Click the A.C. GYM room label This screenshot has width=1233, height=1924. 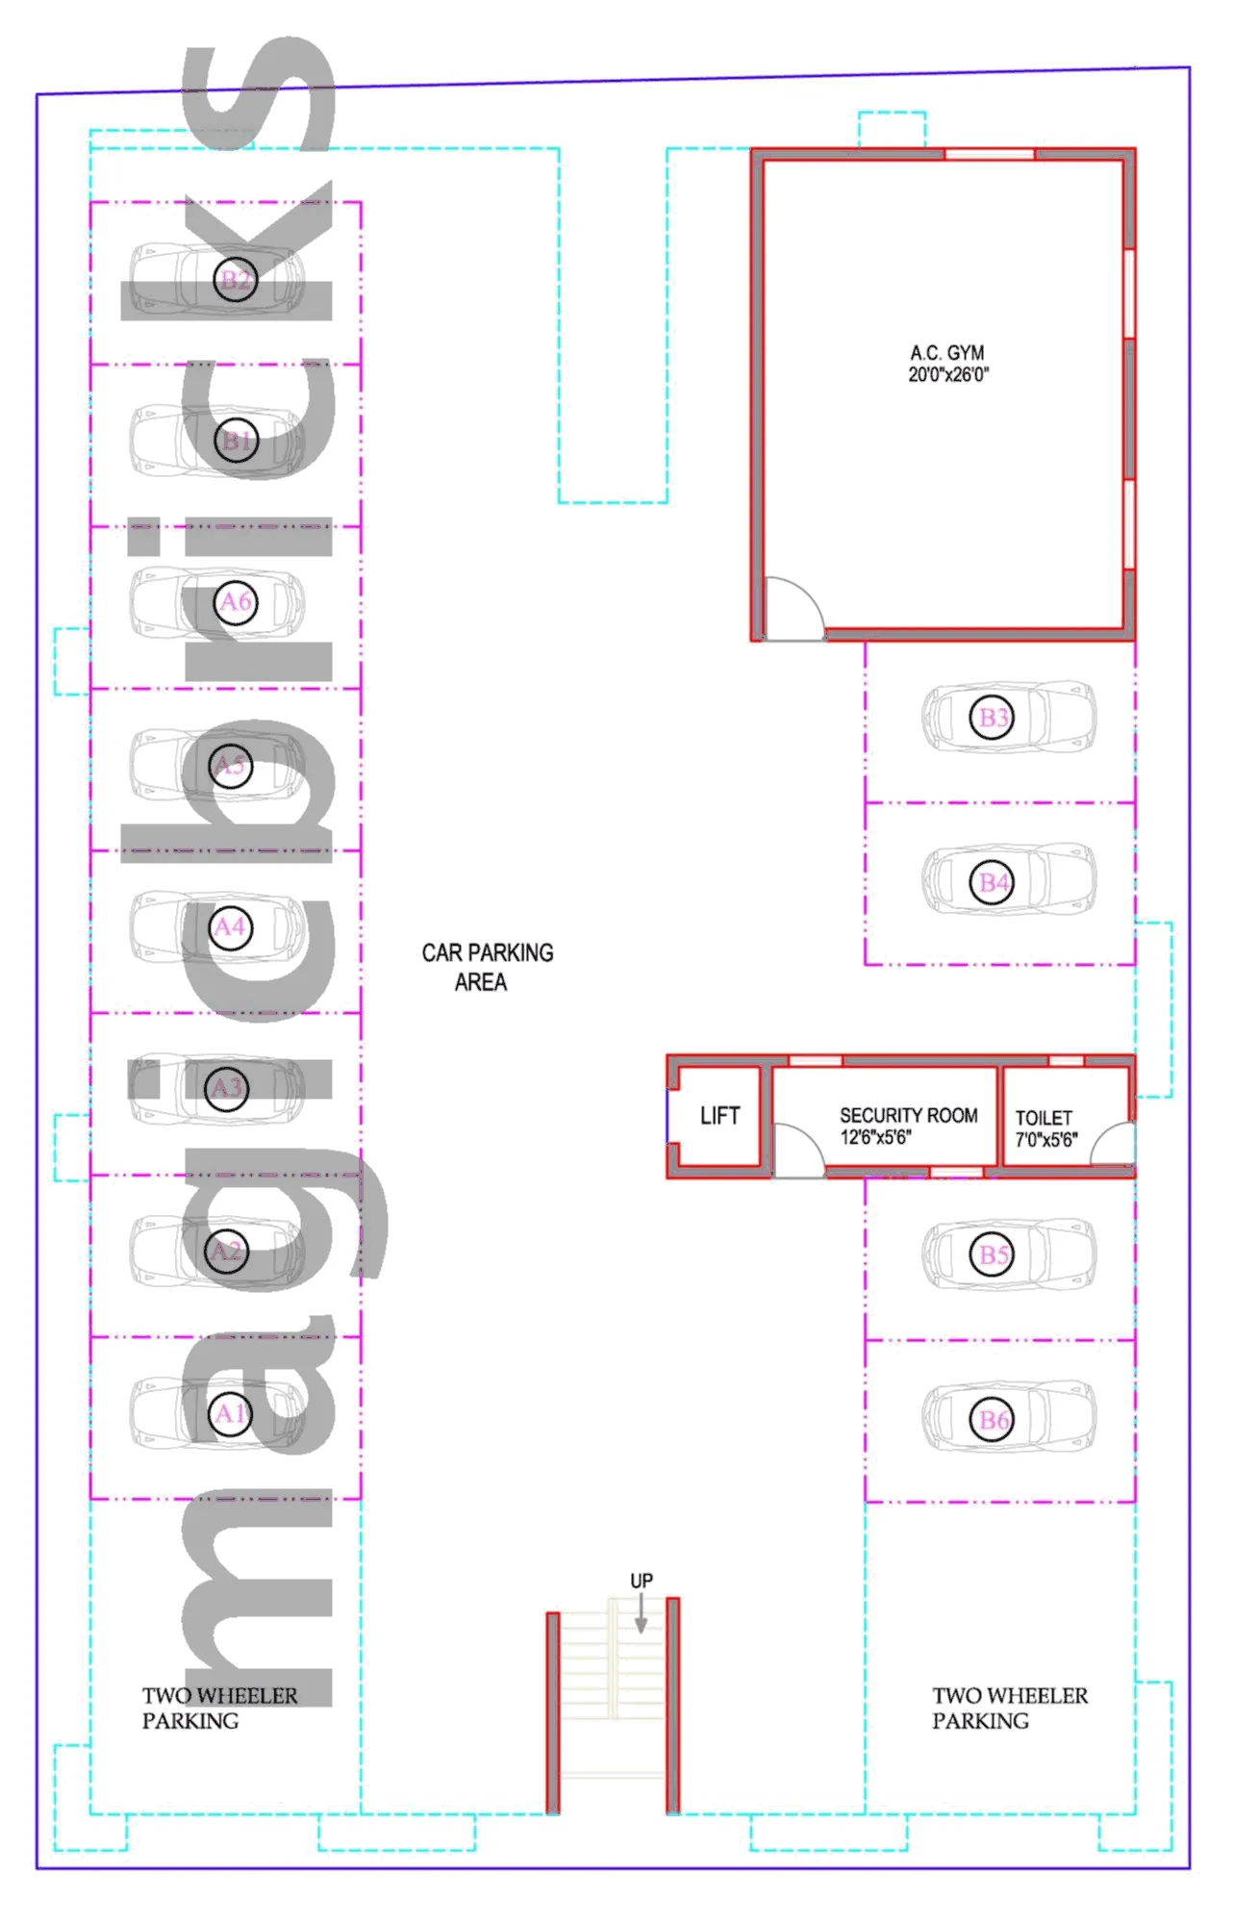[947, 353]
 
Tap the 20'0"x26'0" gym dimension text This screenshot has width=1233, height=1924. [948, 375]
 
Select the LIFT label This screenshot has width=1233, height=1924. [719, 1116]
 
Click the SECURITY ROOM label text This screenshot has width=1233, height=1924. [909, 1115]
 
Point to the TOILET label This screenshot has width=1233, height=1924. [1044, 1118]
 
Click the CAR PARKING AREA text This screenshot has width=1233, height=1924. [488, 967]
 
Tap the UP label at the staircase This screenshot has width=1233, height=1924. [642, 1581]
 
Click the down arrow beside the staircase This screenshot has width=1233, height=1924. [642, 1612]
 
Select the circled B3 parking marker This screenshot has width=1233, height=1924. [992, 717]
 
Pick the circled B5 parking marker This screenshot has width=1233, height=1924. [992, 1254]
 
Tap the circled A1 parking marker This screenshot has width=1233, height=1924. [230, 1413]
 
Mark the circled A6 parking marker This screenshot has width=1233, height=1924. [236, 602]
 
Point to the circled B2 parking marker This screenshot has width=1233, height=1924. [236, 279]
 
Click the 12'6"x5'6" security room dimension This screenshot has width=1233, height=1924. [875, 1137]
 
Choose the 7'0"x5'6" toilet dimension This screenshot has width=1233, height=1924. [1046, 1140]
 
